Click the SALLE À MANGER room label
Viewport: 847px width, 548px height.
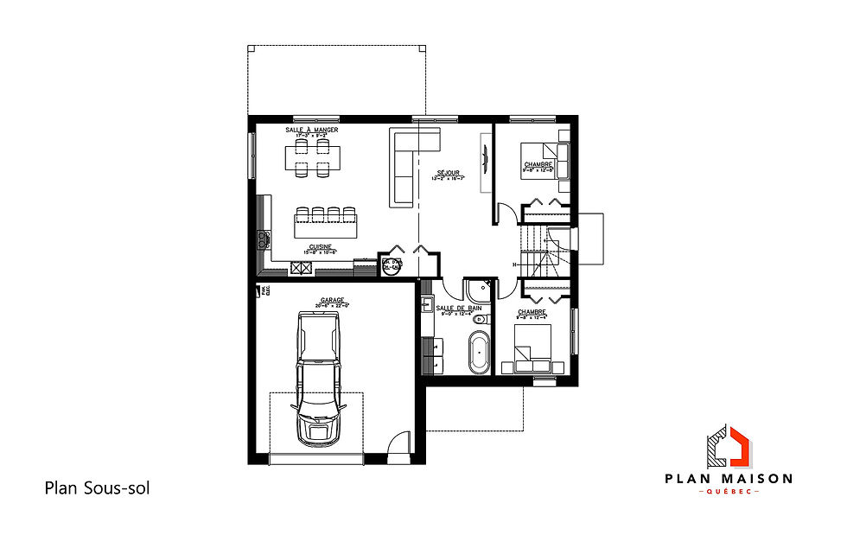click(x=312, y=130)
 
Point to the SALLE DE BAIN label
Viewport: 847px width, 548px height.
click(x=453, y=308)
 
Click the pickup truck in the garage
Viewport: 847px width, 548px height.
click(x=317, y=379)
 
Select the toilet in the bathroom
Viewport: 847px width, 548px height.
click(x=481, y=319)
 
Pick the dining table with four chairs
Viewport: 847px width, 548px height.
click(x=312, y=159)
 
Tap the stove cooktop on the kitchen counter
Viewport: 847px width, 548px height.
click(x=262, y=239)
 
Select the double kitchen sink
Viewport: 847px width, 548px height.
click(x=302, y=268)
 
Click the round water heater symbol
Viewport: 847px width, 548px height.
click(x=391, y=267)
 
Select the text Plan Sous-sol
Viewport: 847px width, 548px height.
click(x=97, y=488)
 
